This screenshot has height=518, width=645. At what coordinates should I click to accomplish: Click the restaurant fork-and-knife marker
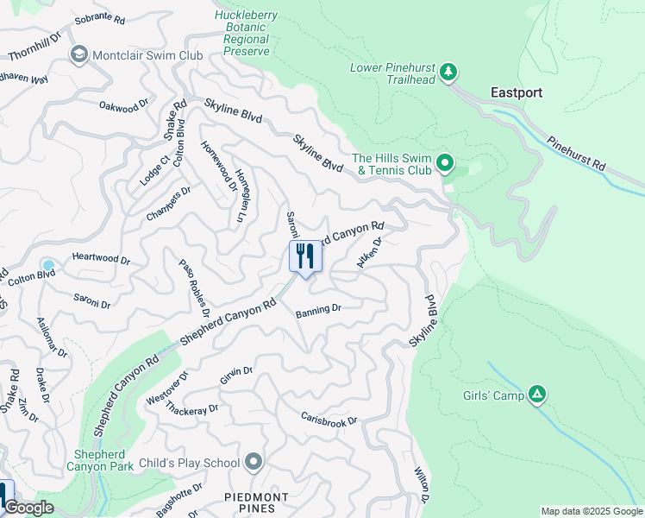coord(305,256)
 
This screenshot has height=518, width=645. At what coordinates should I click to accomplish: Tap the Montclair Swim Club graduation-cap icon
coord(80,55)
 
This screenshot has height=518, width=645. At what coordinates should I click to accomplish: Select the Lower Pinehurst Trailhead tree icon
coord(448,72)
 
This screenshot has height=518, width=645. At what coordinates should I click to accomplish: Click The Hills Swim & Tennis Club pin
coord(445,162)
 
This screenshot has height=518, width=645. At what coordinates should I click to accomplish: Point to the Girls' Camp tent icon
coord(537,395)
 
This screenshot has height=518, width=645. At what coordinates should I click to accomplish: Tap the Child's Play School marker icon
coord(254,463)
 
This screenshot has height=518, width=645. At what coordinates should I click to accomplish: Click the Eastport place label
coord(517,92)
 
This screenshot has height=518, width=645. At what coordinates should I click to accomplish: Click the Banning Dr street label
coord(318,309)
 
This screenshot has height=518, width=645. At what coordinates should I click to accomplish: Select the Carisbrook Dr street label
coord(329,418)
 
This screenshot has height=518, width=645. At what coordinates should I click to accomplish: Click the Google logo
coord(28,508)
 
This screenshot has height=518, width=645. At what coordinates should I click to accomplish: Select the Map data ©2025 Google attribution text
coord(591,511)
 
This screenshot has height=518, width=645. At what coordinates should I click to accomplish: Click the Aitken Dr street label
coord(369,253)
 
